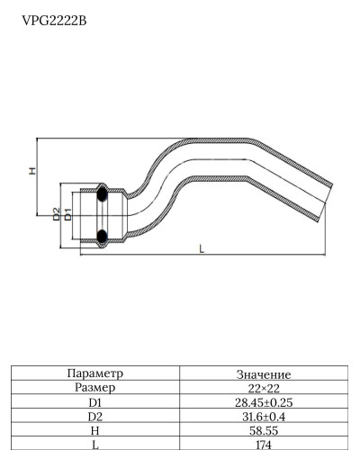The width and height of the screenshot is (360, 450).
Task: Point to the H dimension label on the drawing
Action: [x=32, y=171]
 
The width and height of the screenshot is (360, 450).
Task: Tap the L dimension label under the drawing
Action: [x=201, y=249]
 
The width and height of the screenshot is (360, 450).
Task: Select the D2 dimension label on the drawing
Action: [x=56, y=213]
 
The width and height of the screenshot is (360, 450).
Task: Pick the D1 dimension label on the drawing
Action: [x=67, y=213]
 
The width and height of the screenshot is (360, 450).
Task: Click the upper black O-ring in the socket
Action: [x=102, y=193]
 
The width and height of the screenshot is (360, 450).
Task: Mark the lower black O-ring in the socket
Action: [x=102, y=237]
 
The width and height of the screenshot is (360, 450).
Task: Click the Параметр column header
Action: [x=95, y=373]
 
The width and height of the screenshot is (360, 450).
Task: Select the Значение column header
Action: [x=263, y=373]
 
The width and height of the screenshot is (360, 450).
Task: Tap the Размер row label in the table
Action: [x=95, y=388]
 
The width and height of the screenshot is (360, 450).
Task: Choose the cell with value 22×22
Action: [x=263, y=388]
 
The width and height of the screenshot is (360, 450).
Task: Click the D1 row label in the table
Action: [x=95, y=402]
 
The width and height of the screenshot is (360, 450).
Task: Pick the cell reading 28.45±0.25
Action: [x=263, y=402]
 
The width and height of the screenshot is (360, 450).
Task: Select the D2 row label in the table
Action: [x=95, y=417]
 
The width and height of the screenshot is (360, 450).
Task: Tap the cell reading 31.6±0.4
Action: [x=263, y=417]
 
